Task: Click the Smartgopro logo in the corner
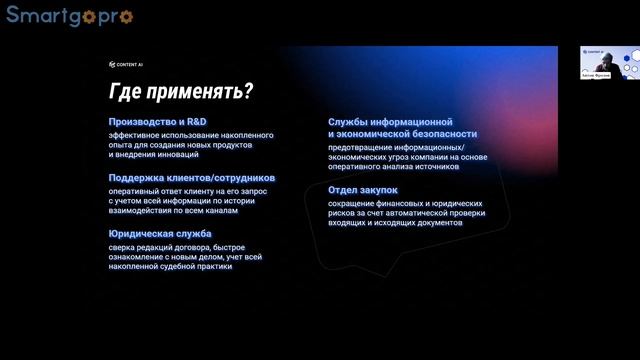(x=69, y=16)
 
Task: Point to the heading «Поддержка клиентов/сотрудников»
(x=192, y=178)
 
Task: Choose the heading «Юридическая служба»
(x=160, y=234)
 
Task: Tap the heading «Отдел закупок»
(x=363, y=189)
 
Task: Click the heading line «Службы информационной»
(x=398, y=122)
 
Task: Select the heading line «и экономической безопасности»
(x=402, y=133)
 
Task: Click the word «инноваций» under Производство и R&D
(x=178, y=155)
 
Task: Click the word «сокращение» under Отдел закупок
(x=351, y=202)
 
